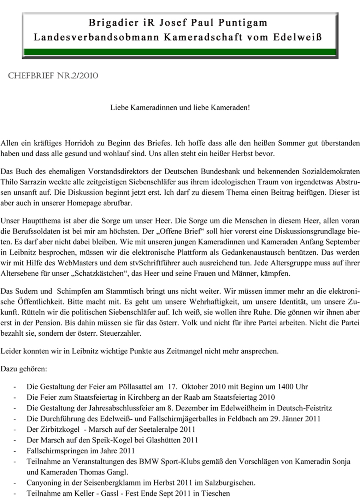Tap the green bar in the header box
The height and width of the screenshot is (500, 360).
180,52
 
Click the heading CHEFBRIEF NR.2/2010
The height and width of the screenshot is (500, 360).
53,76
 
